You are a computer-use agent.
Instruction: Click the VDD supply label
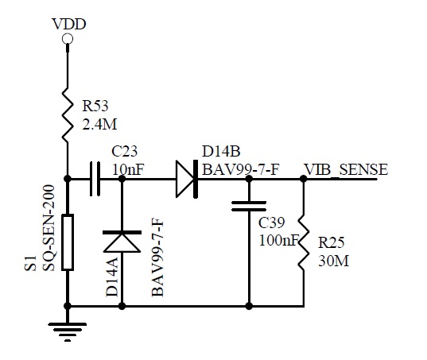click(69, 24)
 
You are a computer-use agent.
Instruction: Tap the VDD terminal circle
click(68, 39)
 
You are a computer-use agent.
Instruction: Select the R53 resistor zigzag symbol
click(68, 115)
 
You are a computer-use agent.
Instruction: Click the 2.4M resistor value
click(99, 125)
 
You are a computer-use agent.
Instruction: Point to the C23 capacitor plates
click(95, 179)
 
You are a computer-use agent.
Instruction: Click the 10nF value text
click(128, 169)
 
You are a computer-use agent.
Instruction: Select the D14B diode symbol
click(187, 179)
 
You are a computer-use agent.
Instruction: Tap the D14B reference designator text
click(221, 151)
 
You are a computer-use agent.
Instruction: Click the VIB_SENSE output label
click(346, 169)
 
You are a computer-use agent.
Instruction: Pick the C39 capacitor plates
click(249, 206)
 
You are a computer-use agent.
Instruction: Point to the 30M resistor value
click(334, 261)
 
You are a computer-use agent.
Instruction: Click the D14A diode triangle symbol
click(122, 242)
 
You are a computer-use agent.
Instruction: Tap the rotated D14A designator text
click(112, 277)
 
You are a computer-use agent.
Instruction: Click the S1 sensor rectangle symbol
click(68, 242)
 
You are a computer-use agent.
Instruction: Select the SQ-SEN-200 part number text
click(49, 228)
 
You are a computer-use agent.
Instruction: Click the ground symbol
click(68, 332)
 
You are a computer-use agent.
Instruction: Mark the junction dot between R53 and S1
click(68, 179)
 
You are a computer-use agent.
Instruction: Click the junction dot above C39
click(249, 179)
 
